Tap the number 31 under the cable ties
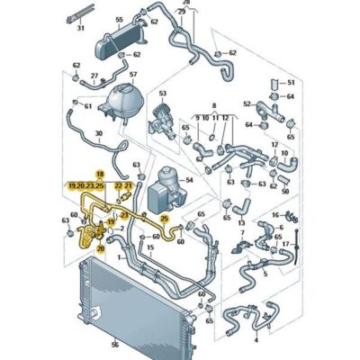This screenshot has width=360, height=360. pos(80,53)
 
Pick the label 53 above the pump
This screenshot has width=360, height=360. pos(164,93)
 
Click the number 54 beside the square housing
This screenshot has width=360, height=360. pos(187,181)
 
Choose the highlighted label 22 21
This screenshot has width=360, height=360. pos(123,184)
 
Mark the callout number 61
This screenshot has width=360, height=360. pos(87,106)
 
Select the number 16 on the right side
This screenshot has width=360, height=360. pos(275,218)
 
